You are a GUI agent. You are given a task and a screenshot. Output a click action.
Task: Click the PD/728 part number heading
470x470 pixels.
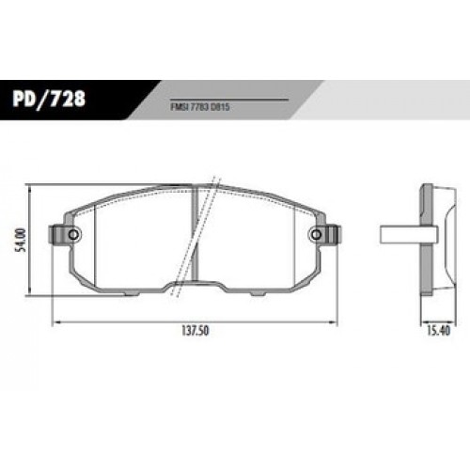49,99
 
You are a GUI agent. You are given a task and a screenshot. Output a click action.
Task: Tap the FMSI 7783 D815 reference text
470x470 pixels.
200,107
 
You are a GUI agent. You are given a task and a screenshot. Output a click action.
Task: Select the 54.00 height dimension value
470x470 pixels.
22,241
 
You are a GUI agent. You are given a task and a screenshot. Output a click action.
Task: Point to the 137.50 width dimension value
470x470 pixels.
195,331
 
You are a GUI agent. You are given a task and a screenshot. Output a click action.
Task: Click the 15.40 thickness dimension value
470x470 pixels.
438,331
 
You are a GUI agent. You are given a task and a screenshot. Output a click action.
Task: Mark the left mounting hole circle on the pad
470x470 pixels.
73,234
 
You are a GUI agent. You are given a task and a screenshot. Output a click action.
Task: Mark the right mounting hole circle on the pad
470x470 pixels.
316,234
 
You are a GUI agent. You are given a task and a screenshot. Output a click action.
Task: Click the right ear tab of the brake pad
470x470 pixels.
332,234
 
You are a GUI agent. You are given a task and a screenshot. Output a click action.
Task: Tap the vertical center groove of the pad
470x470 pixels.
195,235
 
